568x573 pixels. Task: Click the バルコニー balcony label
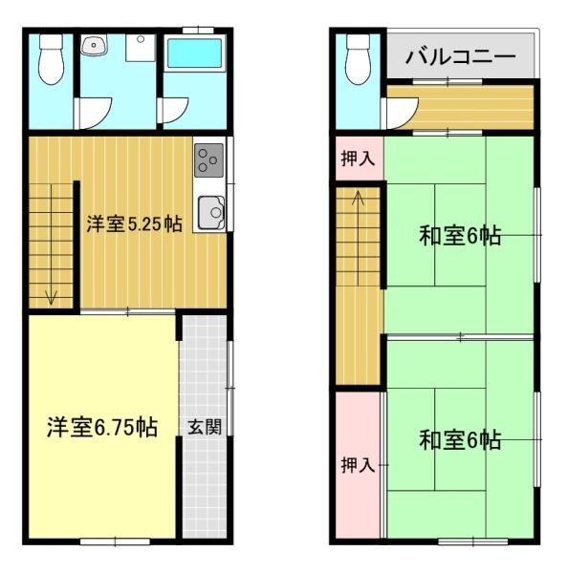[x=460, y=56]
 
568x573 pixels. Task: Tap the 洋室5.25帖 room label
[x=135, y=224]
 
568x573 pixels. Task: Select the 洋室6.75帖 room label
[x=102, y=426]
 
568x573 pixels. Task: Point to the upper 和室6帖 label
[x=461, y=235]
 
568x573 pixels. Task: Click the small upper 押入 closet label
[x=358, y=159]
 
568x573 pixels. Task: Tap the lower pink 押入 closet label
[x=358, y=465]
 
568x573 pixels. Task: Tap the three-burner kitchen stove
[x=209, y=159]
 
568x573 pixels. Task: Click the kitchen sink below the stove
[x=210, y=211]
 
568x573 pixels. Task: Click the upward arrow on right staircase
[x=359, y=200]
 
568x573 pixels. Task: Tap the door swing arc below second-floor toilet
[x=395, y=116]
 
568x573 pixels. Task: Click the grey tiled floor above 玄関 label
[x=205, y=363]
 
